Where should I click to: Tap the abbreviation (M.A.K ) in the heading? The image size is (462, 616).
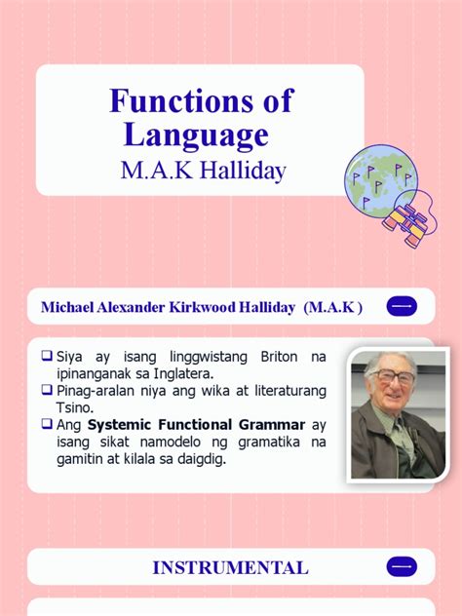[x=332, y=308]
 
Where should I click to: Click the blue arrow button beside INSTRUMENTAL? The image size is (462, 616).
[x=402, y=566]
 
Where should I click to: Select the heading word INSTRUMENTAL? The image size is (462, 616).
[x=230, y=567]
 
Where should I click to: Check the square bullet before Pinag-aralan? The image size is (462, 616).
[x=47, y=390]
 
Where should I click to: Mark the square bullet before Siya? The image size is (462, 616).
[x=47, y=357]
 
